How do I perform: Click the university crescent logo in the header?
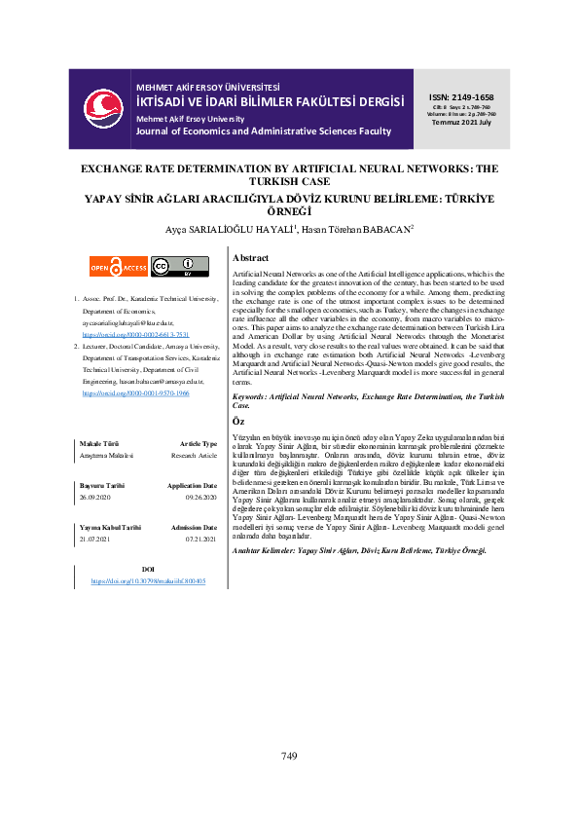coord(101,106)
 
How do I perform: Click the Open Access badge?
coord(119,266)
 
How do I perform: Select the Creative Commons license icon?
coord(180,265)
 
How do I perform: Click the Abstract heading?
coord(251,258)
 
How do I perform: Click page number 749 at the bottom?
coord(289,756)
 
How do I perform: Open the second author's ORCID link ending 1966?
coord(136,393)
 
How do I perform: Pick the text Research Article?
coord(195,455)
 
